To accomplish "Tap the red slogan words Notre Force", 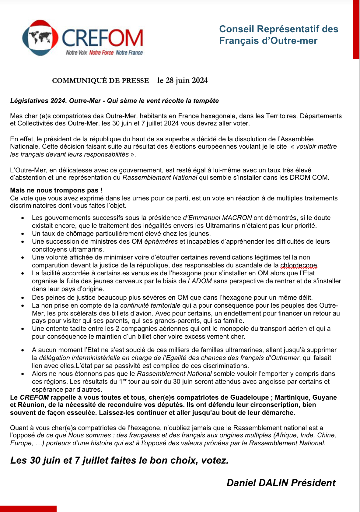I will [101, 53].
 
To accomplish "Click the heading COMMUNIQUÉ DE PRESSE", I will [100, 81].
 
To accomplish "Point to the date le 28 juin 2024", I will [182, 80].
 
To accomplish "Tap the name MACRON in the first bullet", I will [237, 218].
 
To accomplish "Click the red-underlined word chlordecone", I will [299, 265].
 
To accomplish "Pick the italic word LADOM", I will [200, 281].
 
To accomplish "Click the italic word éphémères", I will [161, 242].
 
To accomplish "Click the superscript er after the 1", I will [125, 380].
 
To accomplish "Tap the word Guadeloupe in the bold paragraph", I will [249, 397].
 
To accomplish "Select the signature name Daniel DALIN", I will [257, 483].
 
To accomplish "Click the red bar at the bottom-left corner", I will [28, 509].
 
